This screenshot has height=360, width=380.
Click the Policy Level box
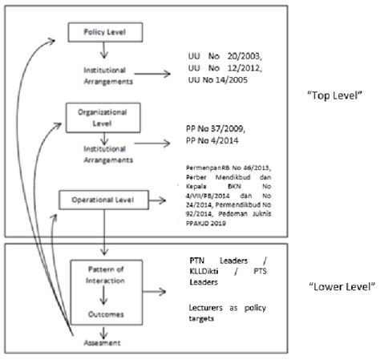click(112, 32)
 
